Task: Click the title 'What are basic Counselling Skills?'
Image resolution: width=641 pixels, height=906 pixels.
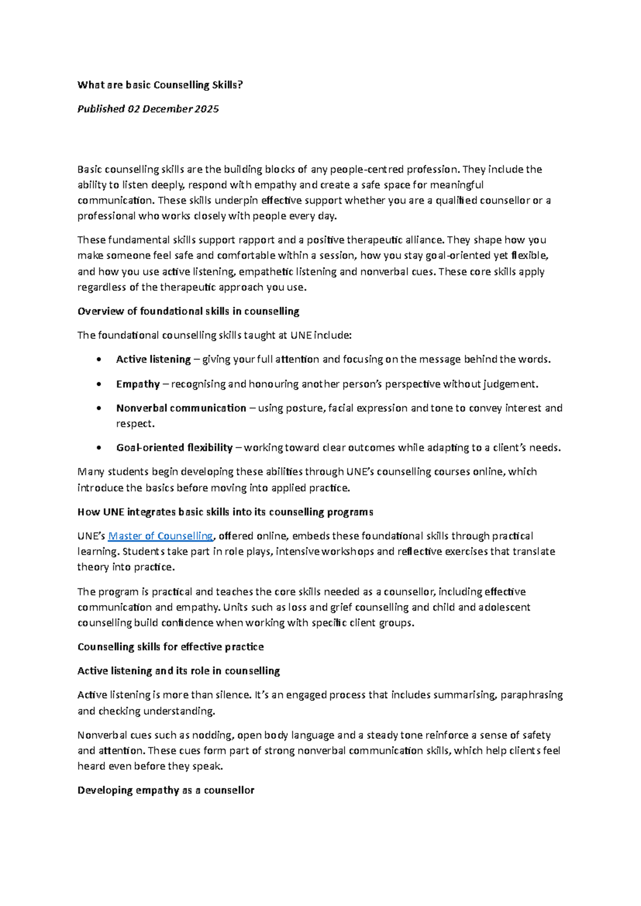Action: point(160,85)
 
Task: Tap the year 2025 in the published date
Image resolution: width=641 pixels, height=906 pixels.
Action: point(207,109)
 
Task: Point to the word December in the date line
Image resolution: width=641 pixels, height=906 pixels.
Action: point(167,109)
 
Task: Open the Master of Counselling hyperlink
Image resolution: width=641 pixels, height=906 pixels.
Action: point(160,536)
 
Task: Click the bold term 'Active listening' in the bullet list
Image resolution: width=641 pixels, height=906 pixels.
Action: point(153,360)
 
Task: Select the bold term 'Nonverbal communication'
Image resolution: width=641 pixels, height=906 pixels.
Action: point(181,408)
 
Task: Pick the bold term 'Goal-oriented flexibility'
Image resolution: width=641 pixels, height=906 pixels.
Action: point(174,448)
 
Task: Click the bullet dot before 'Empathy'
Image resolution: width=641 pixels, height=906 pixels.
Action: point(99,384)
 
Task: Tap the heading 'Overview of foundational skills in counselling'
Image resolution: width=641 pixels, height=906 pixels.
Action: point(188,311)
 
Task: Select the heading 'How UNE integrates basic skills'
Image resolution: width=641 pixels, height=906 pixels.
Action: point(225,512)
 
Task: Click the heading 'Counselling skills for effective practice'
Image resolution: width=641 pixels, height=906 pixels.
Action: point(170,647)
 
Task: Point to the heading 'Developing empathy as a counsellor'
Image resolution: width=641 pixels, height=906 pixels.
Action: point(166,790)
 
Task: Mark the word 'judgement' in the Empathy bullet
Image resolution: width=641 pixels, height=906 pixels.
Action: point(511,384)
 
